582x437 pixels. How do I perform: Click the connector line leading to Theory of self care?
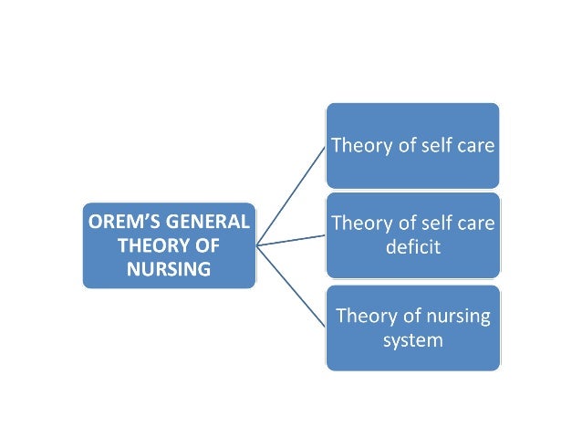pyautogui.click(x=290, y=194)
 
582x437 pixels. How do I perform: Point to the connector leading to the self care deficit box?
pyautogui.click(x=290, y=239)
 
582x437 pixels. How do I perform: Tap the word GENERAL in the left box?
pyautogui.click(x=206, y=222)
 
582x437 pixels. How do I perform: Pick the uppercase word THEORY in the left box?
pyautogui.click(x=149, y=245)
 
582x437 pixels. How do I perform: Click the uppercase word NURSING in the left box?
pyautogui.click(x=169, y=269)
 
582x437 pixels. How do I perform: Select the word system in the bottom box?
pyautogui.click(x=412, y=340)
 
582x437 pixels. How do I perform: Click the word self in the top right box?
pyautogui.click(x=440, y=146)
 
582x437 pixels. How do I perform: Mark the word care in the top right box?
pyautogui.click(x=477, y=146)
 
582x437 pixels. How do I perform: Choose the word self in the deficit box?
pyautogui.click(x=440, y=224)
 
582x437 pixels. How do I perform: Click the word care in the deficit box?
pyautogui.click(x=477, y=224)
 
